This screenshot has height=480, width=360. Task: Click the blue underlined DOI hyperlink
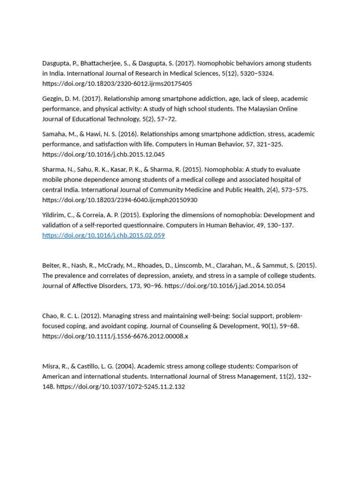(x=104, y=235)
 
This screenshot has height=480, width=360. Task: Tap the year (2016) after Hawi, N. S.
(x=127, y=134)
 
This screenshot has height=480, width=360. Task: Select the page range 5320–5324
(x=255, y=74)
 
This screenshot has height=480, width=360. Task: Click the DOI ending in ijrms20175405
(x=117, y=84)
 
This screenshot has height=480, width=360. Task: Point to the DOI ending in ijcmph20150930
(x=120, y=200)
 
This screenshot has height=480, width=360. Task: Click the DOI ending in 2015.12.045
(x=104, y=155)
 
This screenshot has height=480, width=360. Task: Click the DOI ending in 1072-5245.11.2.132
(x=120, y=387)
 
